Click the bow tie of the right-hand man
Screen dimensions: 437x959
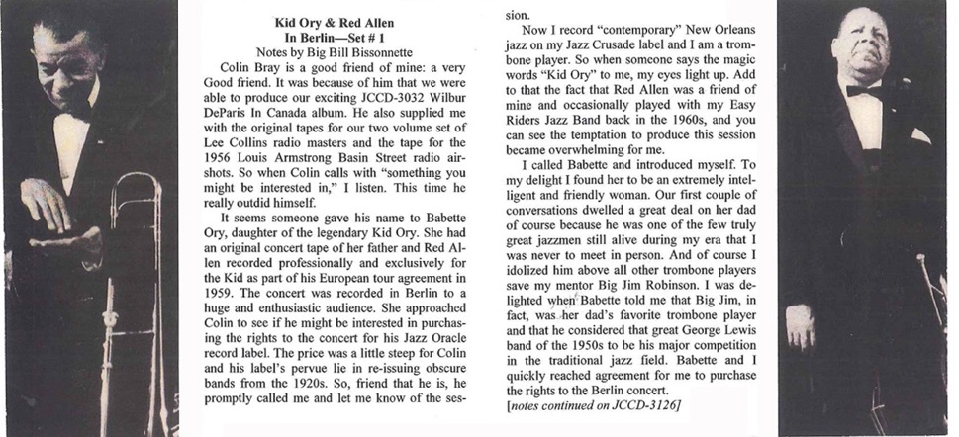tap(863, 91)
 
